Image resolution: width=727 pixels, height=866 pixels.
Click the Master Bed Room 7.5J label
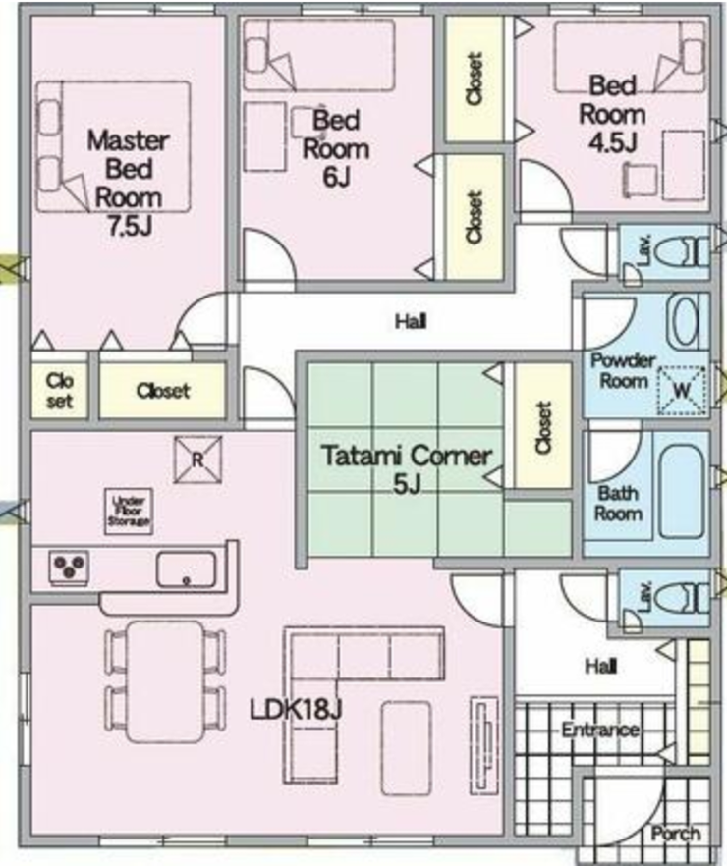point(128,183)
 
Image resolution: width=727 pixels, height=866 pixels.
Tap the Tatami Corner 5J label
point(407,469)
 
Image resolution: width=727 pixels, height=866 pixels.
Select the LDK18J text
point(296,709)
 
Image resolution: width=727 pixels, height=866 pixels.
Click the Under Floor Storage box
point(129,512)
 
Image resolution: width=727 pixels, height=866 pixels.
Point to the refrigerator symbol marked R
point(197,460)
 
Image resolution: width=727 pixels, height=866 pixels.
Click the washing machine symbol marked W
point(682,390)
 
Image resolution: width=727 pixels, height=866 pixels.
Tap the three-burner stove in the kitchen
point(69,567)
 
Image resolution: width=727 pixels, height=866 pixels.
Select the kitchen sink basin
point(186,569)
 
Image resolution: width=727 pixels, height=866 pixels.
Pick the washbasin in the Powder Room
point(686,322)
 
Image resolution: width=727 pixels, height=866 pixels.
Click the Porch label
point(676,833)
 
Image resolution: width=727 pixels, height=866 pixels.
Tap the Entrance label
point(600,731)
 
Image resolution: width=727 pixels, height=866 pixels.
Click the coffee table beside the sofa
point(407,748)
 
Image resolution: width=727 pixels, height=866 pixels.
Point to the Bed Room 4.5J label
point(612,114)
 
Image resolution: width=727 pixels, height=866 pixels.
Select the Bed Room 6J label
point(336,148)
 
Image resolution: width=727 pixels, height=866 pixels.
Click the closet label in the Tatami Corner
point(543,427)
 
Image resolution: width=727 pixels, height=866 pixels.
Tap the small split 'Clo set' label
point(59,391)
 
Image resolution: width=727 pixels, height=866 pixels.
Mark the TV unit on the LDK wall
point(484,745)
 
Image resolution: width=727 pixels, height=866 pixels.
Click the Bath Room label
point(618,503)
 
